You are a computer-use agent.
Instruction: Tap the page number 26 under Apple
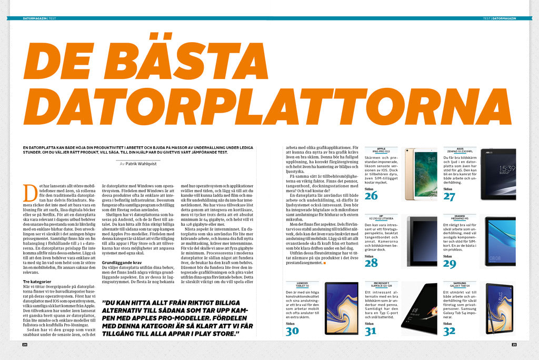coord(371,196)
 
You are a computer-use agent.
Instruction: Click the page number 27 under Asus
coord(449,196)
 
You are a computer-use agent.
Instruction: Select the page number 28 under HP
coord(371,263)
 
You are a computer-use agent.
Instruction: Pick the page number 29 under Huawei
coord(449,263)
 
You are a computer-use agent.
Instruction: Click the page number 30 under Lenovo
coord(292,330)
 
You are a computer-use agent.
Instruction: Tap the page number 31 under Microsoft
coord(371,330)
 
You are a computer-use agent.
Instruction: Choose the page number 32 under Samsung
coord(449,330)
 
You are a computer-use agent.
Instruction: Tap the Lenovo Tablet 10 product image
coord(342,308)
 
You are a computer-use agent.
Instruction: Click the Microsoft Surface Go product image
coord(421,308)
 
